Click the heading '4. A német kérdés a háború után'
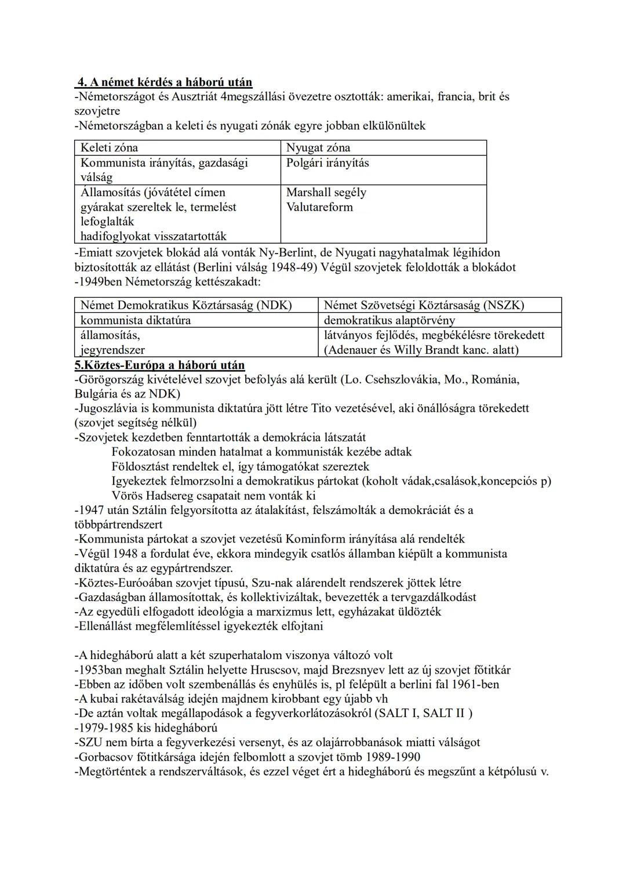point(165,82)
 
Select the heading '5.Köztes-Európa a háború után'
point(159,365)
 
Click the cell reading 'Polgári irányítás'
point(327,162)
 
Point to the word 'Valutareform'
point(319,207)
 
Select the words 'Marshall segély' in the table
point(326,192)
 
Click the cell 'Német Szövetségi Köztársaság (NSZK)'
point(424,305)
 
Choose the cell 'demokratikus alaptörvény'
point(390,320)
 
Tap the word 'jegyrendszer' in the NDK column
point(112,350)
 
